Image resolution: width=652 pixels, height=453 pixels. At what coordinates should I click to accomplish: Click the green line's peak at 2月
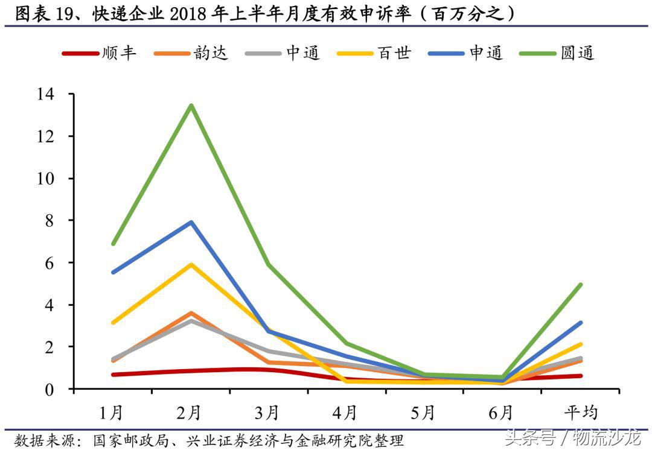[191, 106]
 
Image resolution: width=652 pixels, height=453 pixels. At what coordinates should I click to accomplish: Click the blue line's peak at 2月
[191, 222]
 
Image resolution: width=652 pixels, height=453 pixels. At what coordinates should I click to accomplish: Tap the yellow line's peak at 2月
[191, 264]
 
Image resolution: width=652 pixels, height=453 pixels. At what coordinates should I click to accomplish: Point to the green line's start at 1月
[113, 244]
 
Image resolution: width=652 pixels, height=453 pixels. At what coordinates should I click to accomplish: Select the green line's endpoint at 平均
[580, 285]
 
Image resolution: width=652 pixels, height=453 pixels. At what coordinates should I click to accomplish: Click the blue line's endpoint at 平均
[580, 323]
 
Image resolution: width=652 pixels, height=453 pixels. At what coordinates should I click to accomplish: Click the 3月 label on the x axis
[268, 413]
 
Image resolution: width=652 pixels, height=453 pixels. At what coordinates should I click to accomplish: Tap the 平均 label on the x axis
[580, 413]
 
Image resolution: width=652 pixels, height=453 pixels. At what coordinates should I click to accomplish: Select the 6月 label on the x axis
[502, 413]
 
